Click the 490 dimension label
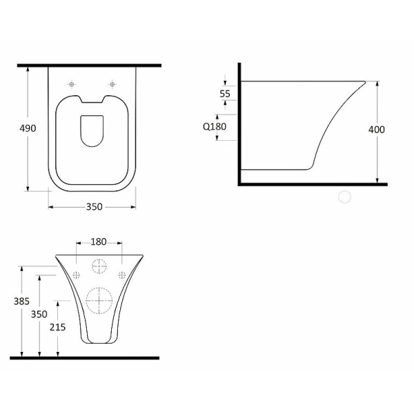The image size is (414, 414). coord(28,128)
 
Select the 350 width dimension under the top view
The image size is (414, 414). coord(94,207)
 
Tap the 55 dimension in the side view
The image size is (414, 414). coord(225,94)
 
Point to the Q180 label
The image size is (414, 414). coord(215,126)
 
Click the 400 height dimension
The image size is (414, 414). coord(377,130)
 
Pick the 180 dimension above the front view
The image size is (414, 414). coord(99,241)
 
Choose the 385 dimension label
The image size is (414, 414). coord(21,301)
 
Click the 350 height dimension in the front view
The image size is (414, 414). coord(39,314)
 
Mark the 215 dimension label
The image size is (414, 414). coord(57,327)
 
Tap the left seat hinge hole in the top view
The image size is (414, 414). coord(71,84)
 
